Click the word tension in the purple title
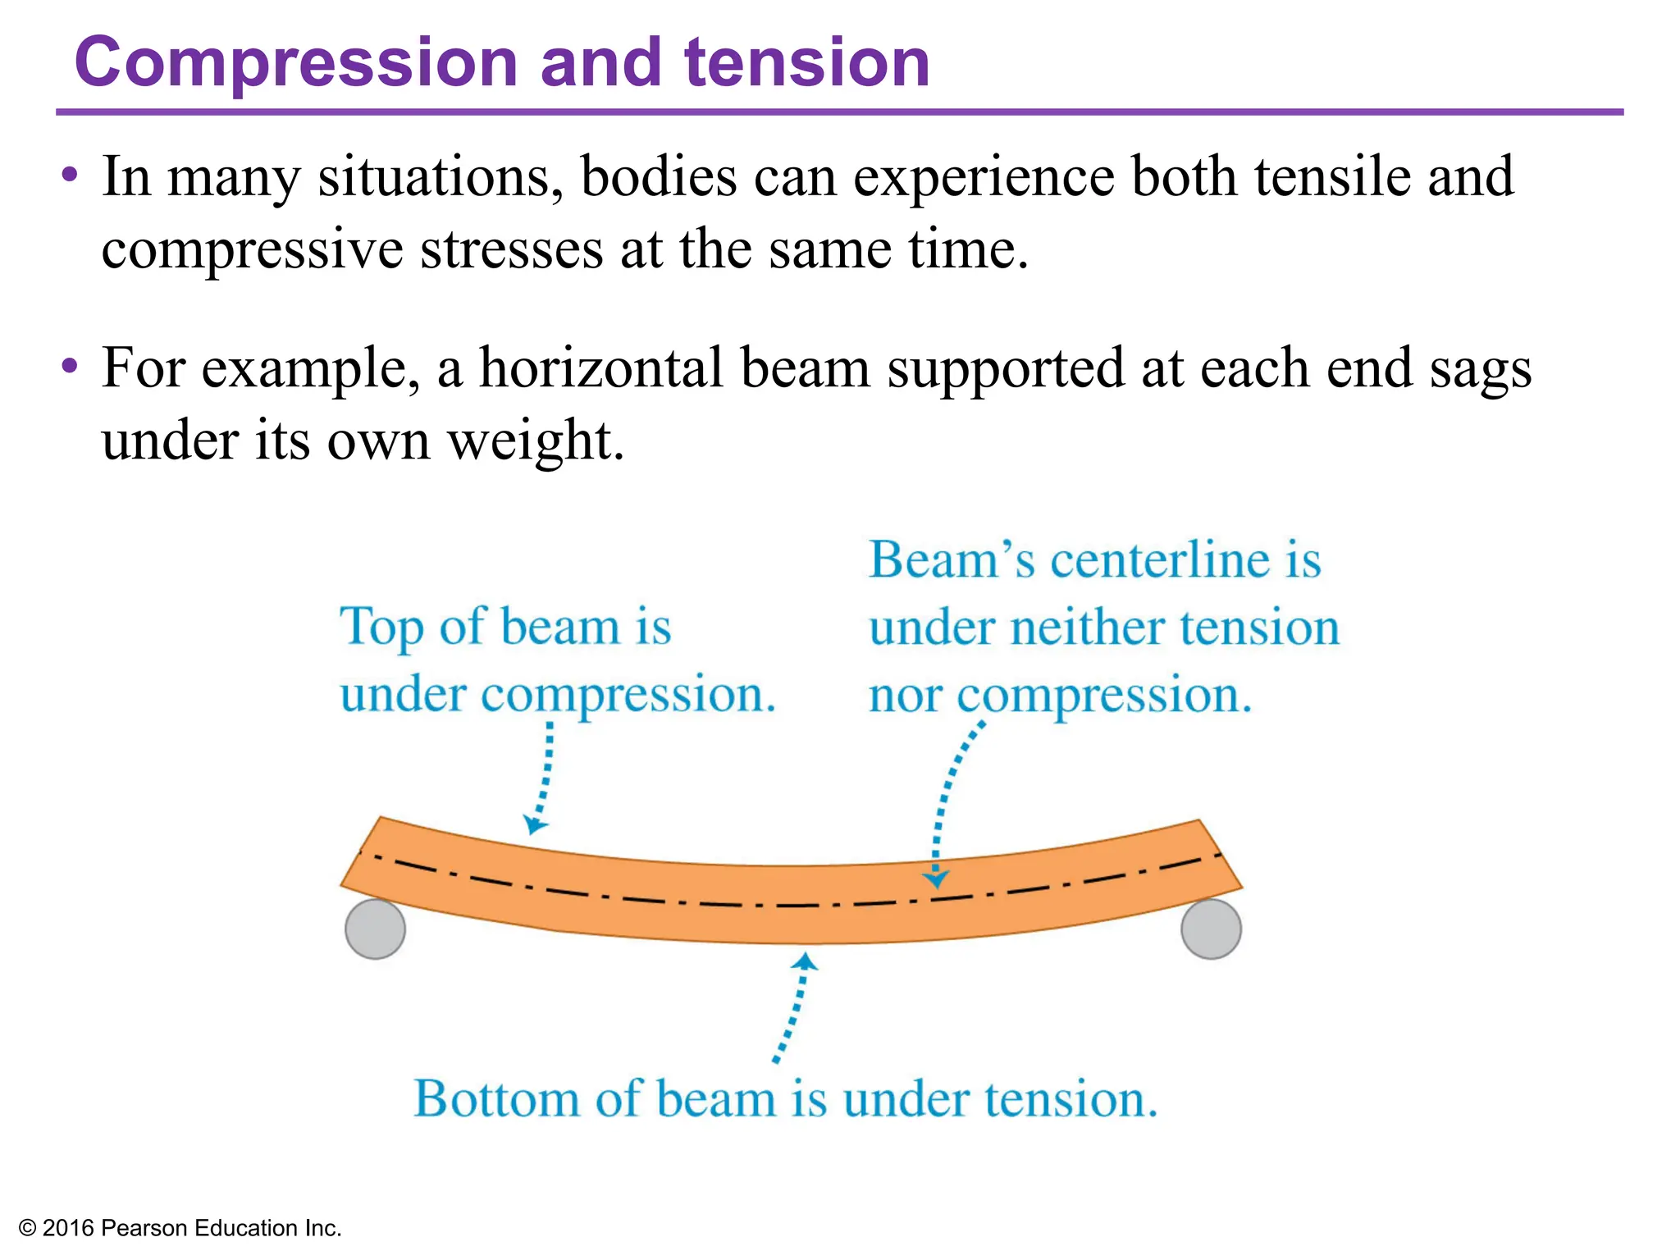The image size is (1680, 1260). pyautogui.click(x=807, y=64)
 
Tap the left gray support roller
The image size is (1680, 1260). pyautogui.click(x=375, y=929)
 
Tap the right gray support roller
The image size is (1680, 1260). pyautogui.click(x=1211, y=929)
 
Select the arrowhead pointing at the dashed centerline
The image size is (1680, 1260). pyautogui.click(x=935, y=879)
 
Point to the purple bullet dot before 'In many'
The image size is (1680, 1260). pyautogui.click(x=70, y=174)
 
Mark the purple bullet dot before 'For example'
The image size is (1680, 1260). pyautogui.click(x=70, y=365)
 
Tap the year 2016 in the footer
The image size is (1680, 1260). pyautogui.click(x=68, y=1228)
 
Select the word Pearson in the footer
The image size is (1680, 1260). pyautogui.click(x=144, y=1228)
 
